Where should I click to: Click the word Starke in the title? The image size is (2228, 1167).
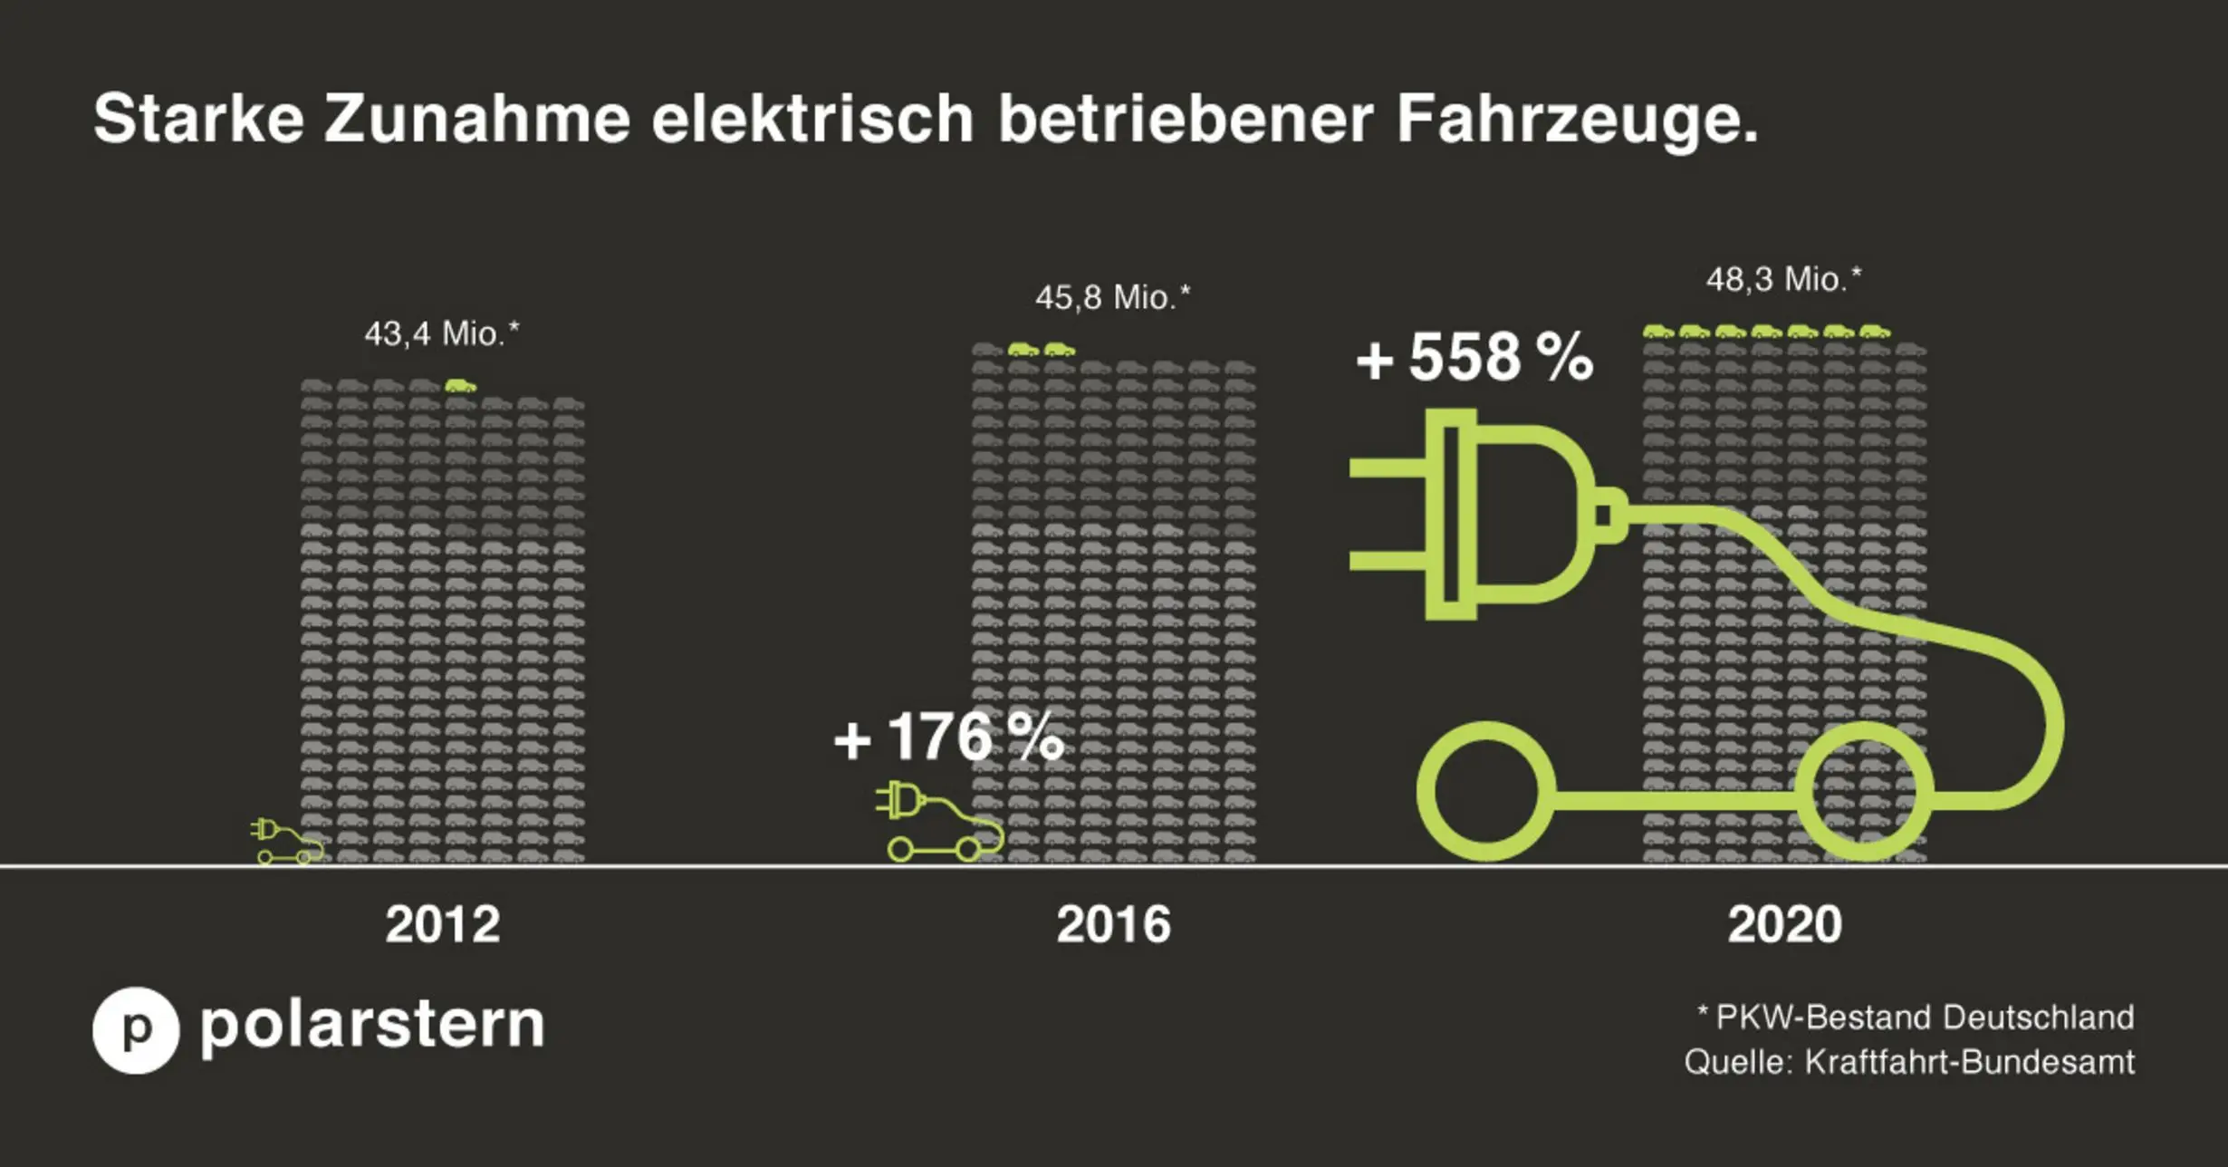[198, 119]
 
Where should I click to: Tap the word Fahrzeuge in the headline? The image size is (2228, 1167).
[1576, 119]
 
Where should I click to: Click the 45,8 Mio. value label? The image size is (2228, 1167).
[1112, 297]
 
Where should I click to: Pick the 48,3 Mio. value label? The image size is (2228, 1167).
[1783, 279]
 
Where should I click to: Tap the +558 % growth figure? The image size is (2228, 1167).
[1474, 357]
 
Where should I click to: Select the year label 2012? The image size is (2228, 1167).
[442, 925]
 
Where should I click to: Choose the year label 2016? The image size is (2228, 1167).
[1113, 925]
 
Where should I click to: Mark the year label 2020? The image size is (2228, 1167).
[1784, 925]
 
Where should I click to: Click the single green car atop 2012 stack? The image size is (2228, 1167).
[460, 386]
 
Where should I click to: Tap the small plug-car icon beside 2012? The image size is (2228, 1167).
[286, 842]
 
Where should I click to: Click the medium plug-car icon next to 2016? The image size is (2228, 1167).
[938, 821]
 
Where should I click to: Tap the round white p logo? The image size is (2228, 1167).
[136, 1030]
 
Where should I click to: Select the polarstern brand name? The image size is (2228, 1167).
[372, 1026]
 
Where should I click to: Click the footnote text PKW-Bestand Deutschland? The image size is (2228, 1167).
[1924, 1018]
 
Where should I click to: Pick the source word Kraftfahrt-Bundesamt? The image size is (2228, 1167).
[1969, 1062]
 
